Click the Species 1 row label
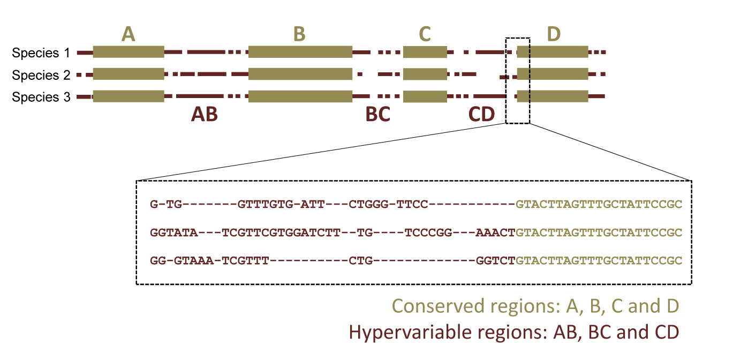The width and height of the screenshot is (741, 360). click(41, 53)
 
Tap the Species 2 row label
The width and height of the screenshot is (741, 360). click(41, 75)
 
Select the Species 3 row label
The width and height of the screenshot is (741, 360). click(41, 97)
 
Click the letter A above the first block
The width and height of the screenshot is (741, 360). click(128, 34)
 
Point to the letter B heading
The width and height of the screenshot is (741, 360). click(299, 34)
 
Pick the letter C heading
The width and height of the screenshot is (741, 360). click(425, 34)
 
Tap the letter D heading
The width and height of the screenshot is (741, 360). click(554, 34)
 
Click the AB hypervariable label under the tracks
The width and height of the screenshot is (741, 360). click(205, 115)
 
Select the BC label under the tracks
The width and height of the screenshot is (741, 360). click(377, 115)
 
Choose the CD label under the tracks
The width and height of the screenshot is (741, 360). click(482, 115)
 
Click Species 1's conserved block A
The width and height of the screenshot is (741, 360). click(128, 52)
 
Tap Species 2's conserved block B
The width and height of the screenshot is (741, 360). click(300, 74)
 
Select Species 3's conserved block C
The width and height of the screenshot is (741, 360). click(425, 96)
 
